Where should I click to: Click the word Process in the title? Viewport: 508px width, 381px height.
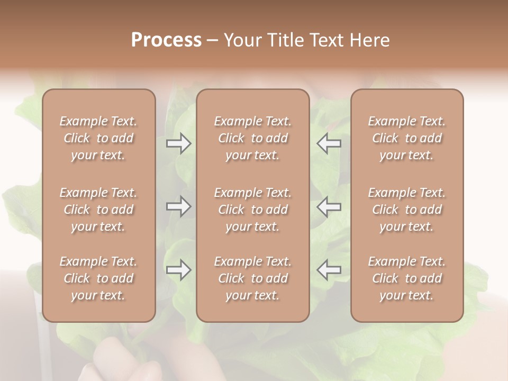166,40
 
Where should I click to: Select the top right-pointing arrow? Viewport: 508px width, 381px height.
178,143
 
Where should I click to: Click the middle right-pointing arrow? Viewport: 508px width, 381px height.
178,206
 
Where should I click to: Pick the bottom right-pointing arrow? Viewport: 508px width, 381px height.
178,270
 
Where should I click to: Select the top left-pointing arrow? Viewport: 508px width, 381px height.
329,143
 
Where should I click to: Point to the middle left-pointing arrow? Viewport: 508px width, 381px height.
329,206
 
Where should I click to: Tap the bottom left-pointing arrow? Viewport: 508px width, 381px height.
329,270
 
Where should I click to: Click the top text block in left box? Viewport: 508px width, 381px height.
98,138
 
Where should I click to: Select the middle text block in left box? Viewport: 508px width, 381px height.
98,210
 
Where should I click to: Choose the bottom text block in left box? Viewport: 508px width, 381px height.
98,278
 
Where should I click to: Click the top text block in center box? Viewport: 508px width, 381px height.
253,138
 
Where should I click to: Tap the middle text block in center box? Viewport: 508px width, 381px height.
253,210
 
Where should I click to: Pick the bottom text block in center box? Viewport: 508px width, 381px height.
253,278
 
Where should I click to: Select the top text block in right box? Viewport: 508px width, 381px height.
407,138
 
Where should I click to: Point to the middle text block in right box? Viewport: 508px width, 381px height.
407,210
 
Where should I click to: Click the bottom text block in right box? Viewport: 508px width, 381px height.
407,278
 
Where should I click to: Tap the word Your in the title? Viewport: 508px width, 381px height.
242,40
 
